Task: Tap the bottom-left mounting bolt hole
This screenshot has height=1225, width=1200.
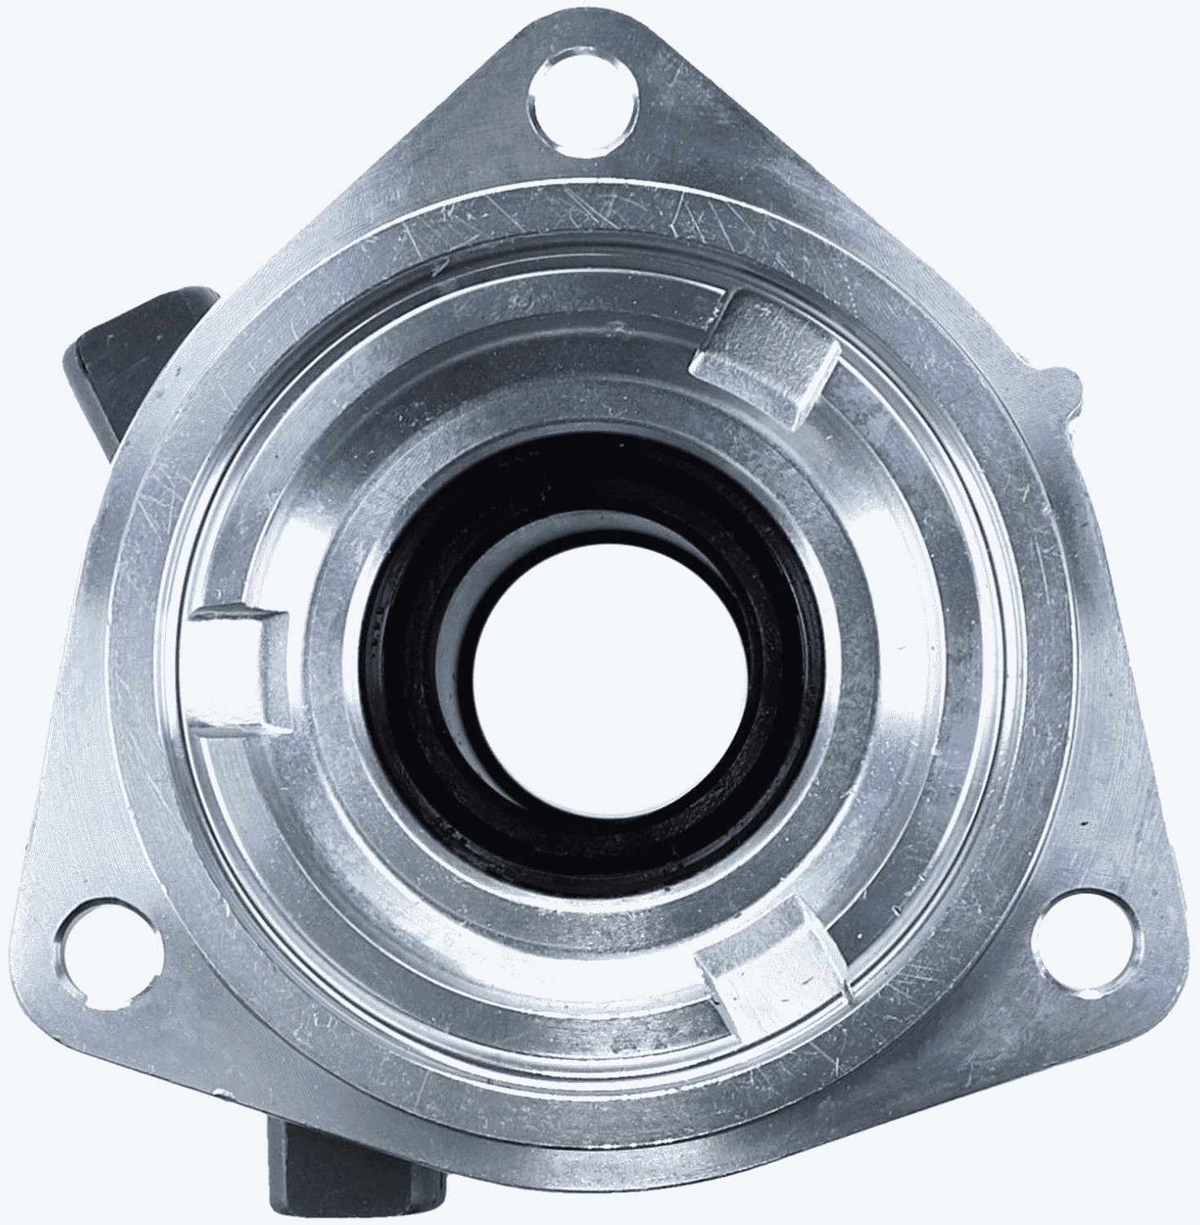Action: (108, 948)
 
